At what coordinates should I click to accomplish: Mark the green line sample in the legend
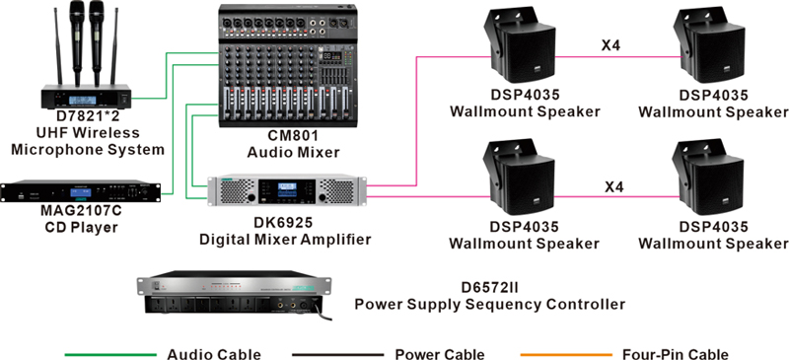(x=109, y=352)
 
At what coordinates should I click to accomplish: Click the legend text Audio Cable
(x=215, y=352)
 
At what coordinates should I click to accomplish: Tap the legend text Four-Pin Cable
(x=674, y=352)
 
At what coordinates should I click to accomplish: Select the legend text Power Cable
(x=439, y=352)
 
